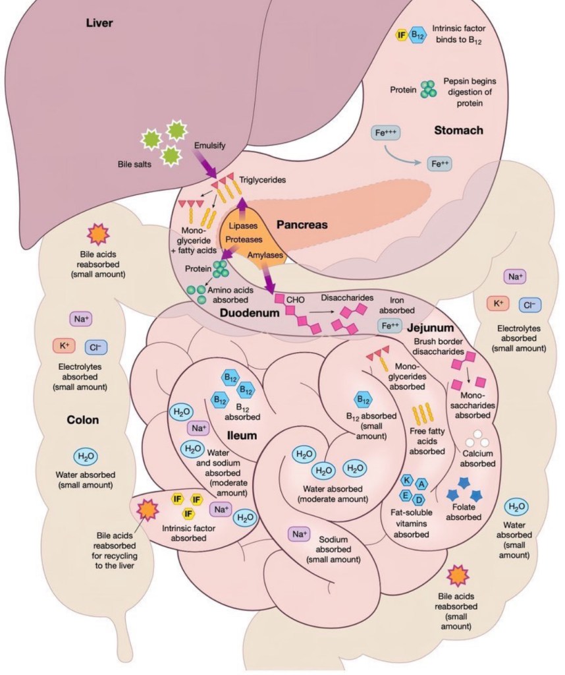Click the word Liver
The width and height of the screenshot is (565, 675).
tap(100, 24)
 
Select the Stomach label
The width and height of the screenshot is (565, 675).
tap(458, 131)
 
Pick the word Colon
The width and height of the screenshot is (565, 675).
tap(83, 421)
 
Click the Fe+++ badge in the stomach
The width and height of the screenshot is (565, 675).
tap(387, 133)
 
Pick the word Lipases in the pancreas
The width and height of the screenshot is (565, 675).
tap(243, 225)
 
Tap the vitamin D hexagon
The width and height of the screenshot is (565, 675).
tap(419, 499)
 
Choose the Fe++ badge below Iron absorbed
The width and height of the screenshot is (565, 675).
tap(389, 326)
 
